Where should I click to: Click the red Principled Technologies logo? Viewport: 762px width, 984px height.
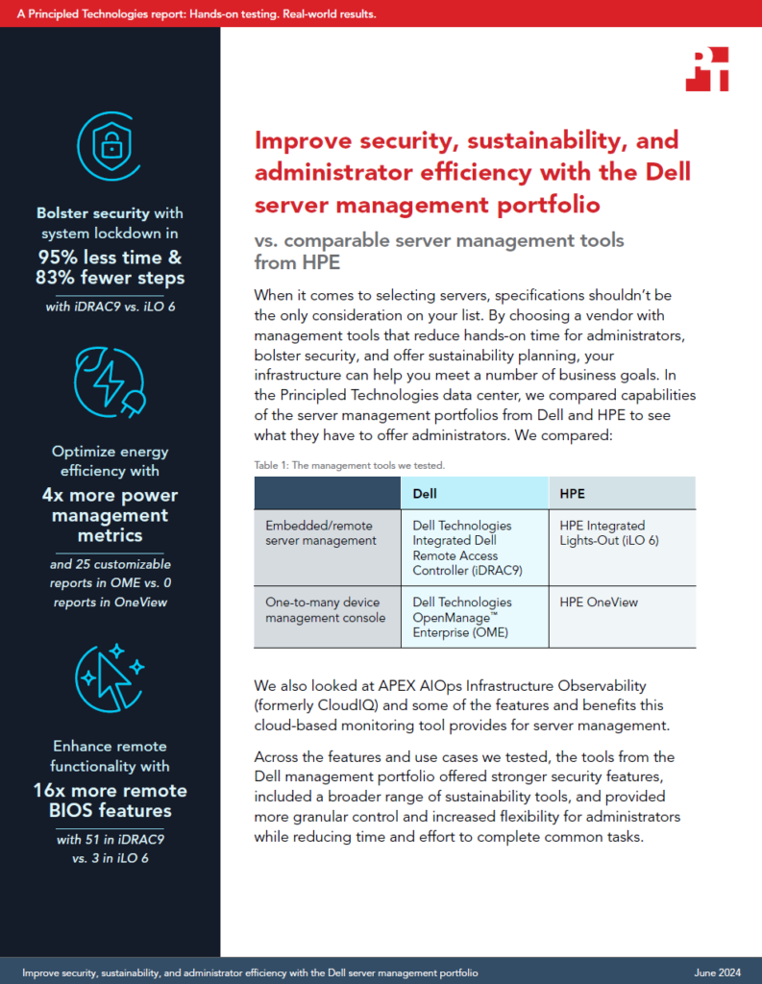coord(707,69)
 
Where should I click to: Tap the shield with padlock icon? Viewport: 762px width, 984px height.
coord(110,146)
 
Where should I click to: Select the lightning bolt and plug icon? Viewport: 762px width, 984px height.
coord(110,382)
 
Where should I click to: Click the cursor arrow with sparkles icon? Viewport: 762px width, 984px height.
coord(110,677)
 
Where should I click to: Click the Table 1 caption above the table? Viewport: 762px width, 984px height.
coord(350,466)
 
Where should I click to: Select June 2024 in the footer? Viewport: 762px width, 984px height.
coord(718,972)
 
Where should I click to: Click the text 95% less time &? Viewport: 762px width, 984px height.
coord(110,258)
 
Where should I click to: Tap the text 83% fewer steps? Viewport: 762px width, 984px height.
coord(110,278)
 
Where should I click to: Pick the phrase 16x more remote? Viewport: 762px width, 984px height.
coord(110,790)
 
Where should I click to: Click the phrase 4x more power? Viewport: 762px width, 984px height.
coord(110,495)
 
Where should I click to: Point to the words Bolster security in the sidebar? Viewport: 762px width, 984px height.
coord(93,213)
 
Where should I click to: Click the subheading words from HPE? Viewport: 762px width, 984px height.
coord(297,262)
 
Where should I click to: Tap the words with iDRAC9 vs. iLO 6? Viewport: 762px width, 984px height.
coord(111,307)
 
